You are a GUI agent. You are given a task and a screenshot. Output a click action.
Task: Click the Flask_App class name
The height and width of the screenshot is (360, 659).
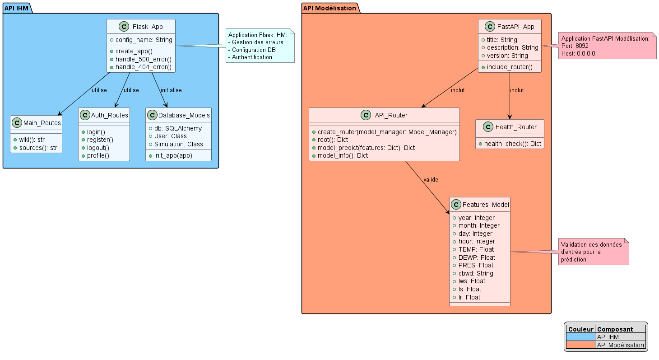[148, 27]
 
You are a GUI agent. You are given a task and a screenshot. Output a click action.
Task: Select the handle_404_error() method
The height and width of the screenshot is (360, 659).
[144, 67]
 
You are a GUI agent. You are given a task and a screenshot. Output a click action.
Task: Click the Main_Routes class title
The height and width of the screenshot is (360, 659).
[42, 122]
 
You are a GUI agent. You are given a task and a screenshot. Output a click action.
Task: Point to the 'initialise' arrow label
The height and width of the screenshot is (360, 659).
[171, 90]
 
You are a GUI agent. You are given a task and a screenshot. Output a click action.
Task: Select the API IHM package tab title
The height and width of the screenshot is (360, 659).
[16, 8]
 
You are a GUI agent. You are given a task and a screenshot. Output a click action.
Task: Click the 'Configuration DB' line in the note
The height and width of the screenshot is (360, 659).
[253, 50]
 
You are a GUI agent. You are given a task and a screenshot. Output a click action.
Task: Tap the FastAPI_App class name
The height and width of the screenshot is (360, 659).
[515, 27]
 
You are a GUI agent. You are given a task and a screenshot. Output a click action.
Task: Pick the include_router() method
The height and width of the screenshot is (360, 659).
[510, 67]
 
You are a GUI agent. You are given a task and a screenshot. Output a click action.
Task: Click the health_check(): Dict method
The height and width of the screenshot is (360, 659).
[513, 143]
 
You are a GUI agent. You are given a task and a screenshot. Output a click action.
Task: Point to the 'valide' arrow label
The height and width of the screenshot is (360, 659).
[431, 180]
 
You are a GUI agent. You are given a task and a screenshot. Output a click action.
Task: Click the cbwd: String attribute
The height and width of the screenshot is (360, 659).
[476, 273]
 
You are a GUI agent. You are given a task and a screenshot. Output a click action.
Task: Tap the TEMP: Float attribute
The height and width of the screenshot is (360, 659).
[476, 249]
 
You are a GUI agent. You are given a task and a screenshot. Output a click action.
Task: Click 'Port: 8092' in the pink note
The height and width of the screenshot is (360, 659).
[575, 46]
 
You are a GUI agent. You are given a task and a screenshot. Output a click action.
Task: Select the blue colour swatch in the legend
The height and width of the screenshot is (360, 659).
[580, 337]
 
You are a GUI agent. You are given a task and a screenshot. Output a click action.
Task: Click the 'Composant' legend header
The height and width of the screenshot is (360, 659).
[615, 329]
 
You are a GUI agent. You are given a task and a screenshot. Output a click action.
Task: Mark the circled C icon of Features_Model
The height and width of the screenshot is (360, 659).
[456, 205]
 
